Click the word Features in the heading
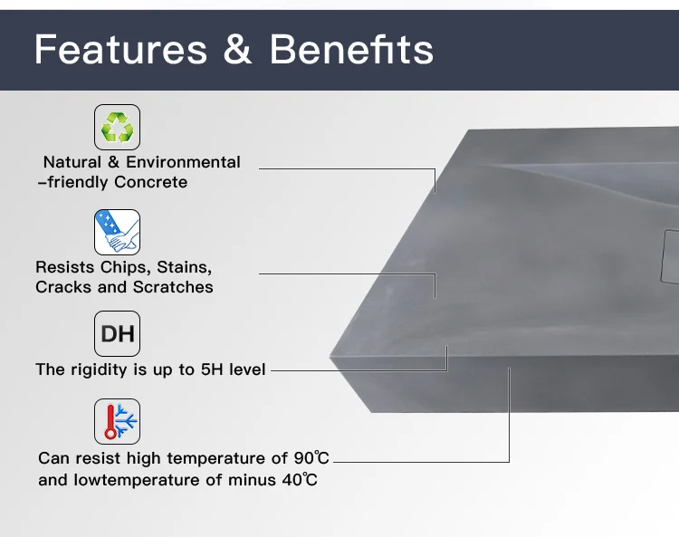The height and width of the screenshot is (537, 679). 120,50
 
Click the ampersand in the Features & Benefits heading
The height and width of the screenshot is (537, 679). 237,49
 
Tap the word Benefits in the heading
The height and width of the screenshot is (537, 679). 351,50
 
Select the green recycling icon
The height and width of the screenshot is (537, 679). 117,127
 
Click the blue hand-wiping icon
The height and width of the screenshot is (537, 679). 117,232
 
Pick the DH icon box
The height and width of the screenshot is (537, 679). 117,333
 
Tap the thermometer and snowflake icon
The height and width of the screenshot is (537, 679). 117,421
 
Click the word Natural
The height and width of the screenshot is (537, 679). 72,162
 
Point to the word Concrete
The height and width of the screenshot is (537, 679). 150,182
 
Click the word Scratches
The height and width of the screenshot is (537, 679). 173,287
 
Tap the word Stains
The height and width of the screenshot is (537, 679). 185,268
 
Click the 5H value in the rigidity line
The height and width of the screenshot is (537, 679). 212,369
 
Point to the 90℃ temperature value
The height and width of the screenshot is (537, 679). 311,457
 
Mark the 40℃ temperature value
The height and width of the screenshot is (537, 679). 300,480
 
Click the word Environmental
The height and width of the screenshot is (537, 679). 183,162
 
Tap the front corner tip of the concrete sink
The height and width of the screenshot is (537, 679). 330,358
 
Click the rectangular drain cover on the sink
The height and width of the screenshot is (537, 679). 670,257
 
